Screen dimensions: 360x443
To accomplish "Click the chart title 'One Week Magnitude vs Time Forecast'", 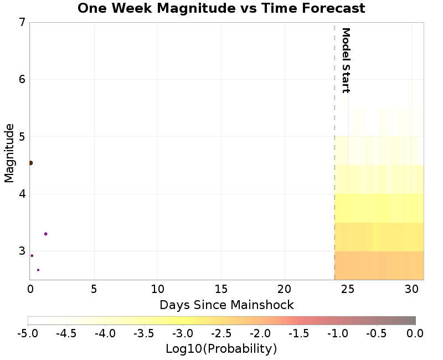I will [x=221, y=8].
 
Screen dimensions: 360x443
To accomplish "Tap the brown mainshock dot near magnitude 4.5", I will [x=30, y=163].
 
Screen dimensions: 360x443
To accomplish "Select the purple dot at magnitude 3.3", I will [x=45, y=234].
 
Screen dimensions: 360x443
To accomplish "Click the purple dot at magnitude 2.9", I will [x=32, y=255].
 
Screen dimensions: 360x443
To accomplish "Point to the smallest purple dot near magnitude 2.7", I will [x=38, y=270].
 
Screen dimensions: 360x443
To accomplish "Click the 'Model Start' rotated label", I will [x=346, y=60].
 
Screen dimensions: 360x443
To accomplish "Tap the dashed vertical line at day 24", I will [x=334, y=166].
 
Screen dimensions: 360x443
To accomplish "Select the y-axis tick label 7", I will [x=22, y=23].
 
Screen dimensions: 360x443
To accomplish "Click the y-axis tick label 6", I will [x=22, y=79].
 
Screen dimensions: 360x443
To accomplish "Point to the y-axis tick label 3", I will [x=22, y=251].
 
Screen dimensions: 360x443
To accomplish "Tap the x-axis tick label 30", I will [x=411, y=289].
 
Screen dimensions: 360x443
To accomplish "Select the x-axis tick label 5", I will [x=94, y=289].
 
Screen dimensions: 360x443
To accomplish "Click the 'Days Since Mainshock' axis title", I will [x=226, y=305].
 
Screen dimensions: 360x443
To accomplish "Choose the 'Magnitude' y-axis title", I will [x=9, y=153].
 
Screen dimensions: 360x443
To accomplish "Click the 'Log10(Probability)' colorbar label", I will [x=221, y=349].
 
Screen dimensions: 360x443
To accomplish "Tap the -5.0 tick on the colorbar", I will [x=27, y=333].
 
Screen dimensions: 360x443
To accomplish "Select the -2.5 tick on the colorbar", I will [x=221, y=333].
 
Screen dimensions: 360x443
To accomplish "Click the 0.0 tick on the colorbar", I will [x=415, y=333].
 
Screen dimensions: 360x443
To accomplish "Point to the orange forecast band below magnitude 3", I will [x=379, y=266].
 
